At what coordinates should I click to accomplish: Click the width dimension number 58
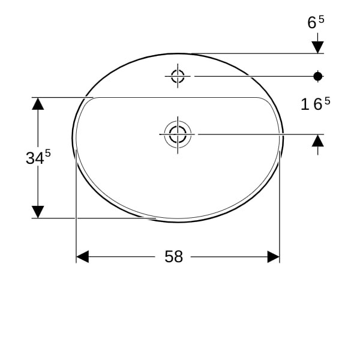tap(174, 256)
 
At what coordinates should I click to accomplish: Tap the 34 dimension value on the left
tap(35, 158)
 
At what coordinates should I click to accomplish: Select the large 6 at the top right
tap(312, 23)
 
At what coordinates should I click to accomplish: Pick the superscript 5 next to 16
tap(327, 101)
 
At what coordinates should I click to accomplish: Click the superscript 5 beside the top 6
tap(322, 20)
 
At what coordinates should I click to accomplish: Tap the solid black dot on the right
tap(318, 76)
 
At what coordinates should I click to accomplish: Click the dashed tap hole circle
tap(178, 70)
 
